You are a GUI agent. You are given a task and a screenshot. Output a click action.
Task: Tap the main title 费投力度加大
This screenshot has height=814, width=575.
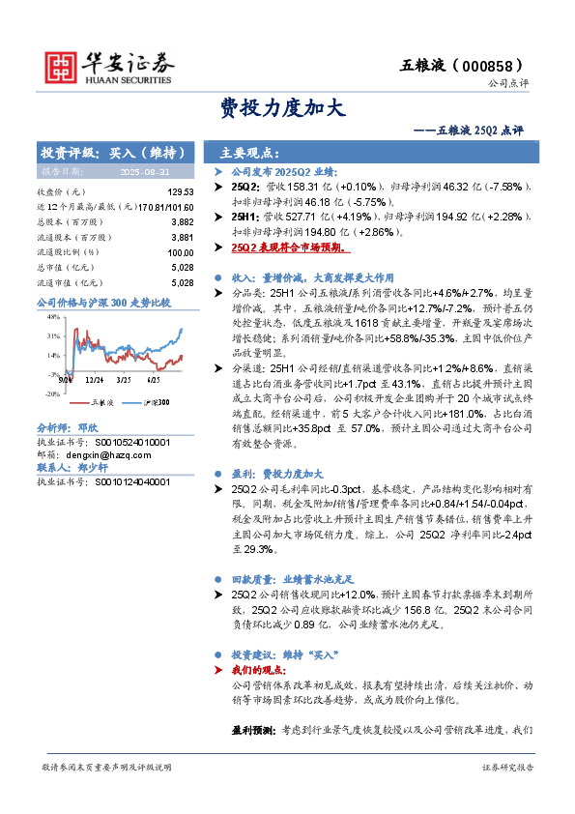click(281, 107)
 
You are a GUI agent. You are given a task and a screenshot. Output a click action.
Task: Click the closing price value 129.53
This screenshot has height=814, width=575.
click(181, 192)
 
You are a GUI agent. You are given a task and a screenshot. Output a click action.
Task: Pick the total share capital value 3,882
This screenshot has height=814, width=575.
click(182, 221)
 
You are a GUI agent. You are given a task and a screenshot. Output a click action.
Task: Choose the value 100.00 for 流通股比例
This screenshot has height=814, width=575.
click(181, 252)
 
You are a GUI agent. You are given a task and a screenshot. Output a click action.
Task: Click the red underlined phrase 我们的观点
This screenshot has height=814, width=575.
click(259, 669)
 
